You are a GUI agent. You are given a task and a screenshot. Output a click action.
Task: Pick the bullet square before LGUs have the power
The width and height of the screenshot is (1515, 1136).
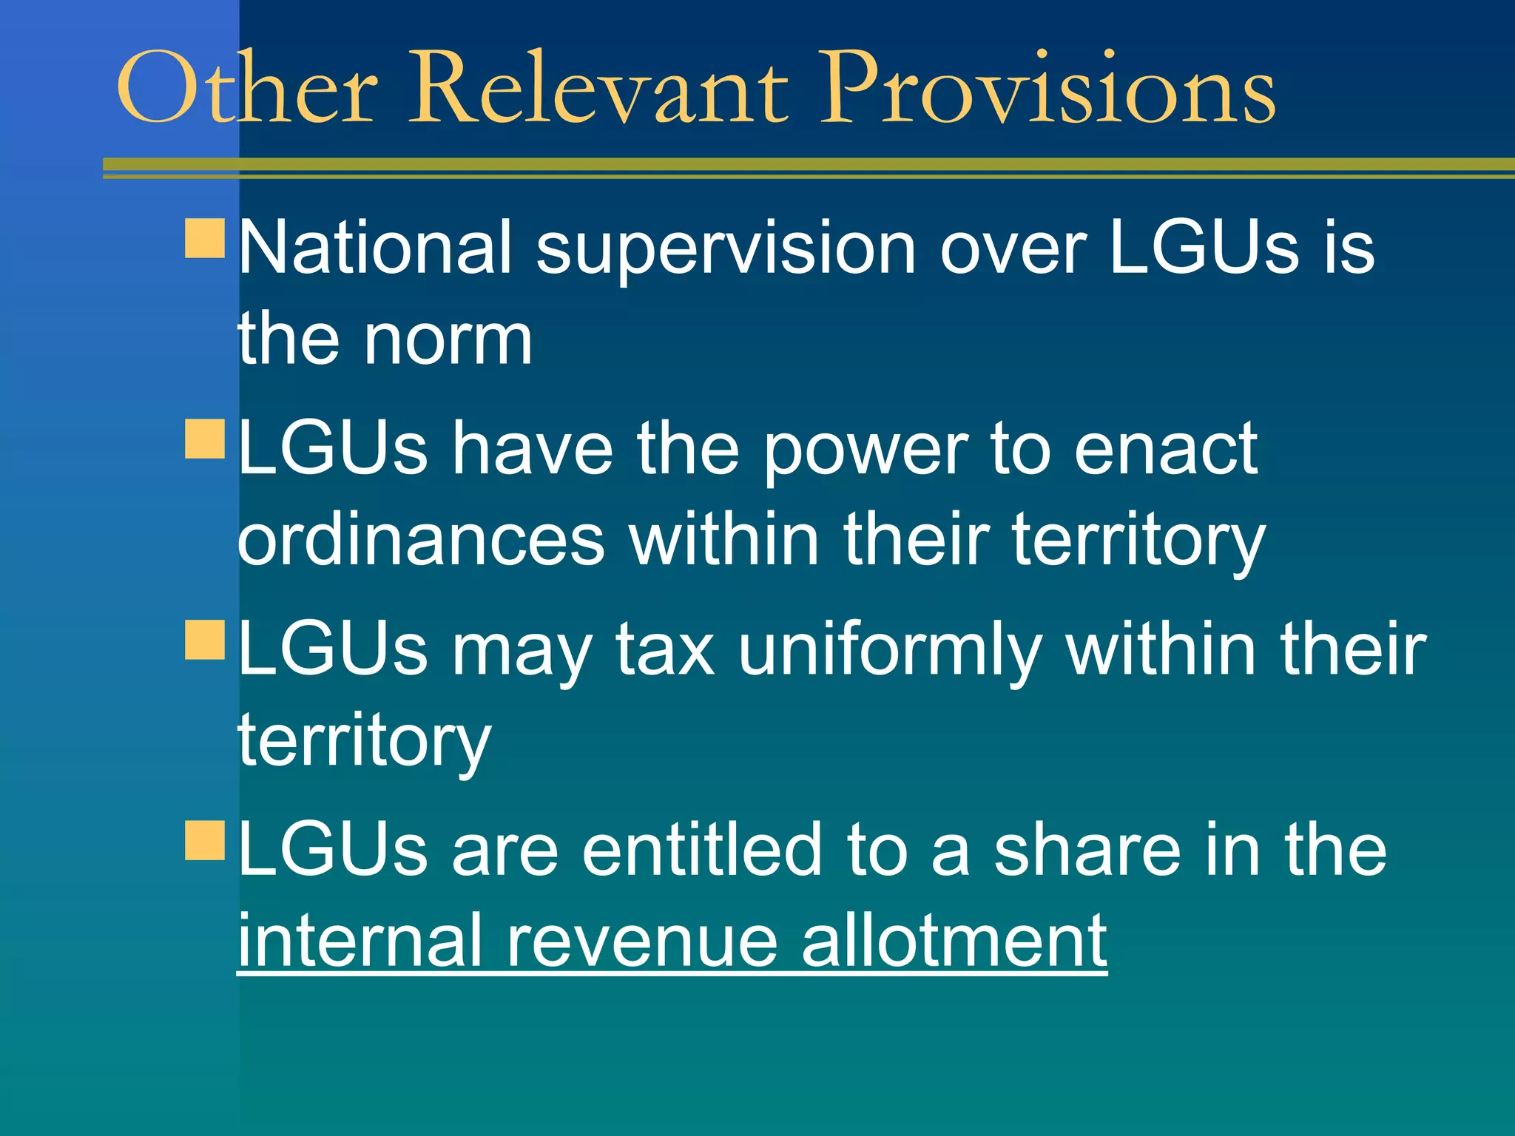tap(205, 439)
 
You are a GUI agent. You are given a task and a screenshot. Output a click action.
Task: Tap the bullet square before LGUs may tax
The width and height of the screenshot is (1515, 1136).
tap(205, 639)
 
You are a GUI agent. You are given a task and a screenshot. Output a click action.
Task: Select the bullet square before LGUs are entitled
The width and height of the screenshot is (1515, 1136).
tap(205, 840)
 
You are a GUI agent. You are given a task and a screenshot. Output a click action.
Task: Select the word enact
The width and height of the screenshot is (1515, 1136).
tap(1165, 448)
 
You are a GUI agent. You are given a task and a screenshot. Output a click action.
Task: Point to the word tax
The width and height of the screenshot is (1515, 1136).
tap(665, 649)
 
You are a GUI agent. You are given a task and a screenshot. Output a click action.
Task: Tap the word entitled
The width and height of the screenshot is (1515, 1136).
tap(702, 850)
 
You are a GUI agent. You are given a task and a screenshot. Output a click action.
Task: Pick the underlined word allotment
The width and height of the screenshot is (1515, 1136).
tap(954, 941)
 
